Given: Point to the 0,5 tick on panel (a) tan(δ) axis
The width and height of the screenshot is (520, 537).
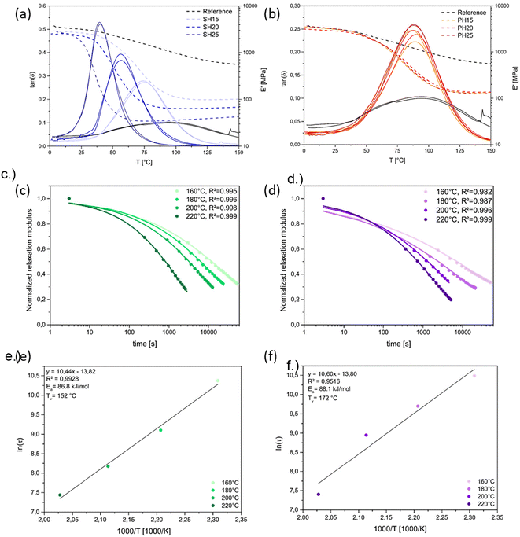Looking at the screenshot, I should (x=41, y=28).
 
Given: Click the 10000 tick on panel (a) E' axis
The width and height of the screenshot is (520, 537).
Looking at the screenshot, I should (x=248, y=5).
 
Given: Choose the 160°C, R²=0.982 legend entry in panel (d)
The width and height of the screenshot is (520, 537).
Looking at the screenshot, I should (x=456, y=191).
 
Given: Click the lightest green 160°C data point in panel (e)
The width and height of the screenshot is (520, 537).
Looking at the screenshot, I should (x=218, y=381).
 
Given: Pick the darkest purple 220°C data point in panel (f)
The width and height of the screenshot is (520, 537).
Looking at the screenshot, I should (x=319, y=495).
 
